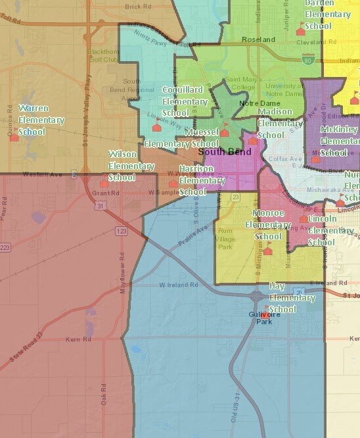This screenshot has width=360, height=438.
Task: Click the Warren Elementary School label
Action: coord(41,120)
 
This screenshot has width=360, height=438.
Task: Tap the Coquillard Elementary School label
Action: coord(185,101)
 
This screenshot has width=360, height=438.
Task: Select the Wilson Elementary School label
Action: coord(122,165)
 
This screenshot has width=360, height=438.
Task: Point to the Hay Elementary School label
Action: coord(292,297)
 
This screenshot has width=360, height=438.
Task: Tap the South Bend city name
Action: coord(225,152)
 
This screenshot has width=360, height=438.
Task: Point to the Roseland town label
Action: coord(258,40)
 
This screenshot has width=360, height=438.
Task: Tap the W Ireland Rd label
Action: coord(178,285)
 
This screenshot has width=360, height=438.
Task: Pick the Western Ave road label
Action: coord(36,174)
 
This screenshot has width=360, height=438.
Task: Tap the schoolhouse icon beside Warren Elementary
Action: coord(14,137)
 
